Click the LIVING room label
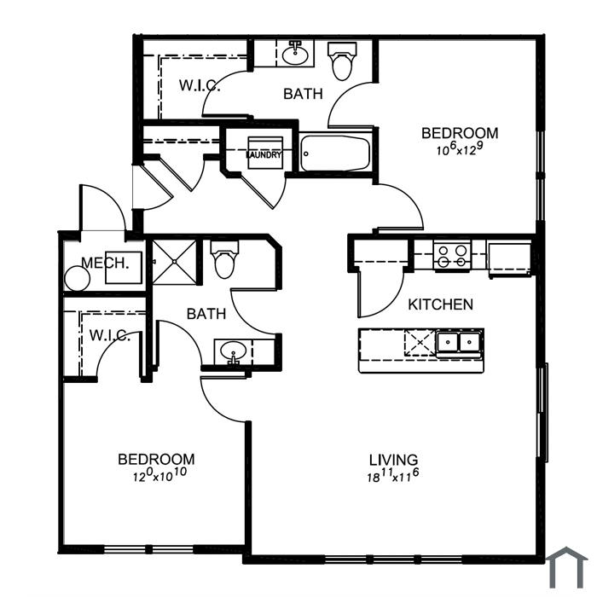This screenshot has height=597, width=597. tap(393, 460)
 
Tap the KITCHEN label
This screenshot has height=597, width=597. tap(441, 304)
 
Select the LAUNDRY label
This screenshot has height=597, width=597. tap(264, 155)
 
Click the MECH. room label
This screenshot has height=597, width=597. tap(105, 263)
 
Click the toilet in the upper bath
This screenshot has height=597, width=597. tap(342, 61)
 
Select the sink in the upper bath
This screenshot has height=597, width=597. tap(295, 54)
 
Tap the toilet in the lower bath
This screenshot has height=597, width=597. tap(224, 259)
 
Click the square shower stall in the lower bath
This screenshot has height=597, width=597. tap(174, 262)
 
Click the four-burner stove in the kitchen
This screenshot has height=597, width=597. tap(452, 256)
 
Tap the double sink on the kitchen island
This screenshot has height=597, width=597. tap(459, 342)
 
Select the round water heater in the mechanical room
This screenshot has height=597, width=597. tap(78, 279)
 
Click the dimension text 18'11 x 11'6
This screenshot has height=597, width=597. tap(393, 476)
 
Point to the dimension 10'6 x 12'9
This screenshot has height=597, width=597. tap(460, 149)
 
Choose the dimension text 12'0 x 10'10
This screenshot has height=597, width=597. tap(159, 475)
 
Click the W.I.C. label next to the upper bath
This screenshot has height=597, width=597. tap(200, 85)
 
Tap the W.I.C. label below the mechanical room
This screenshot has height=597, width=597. tap(110, 335)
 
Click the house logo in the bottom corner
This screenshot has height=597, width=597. tap(567, 568)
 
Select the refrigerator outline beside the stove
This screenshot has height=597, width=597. tap(510, 258)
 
